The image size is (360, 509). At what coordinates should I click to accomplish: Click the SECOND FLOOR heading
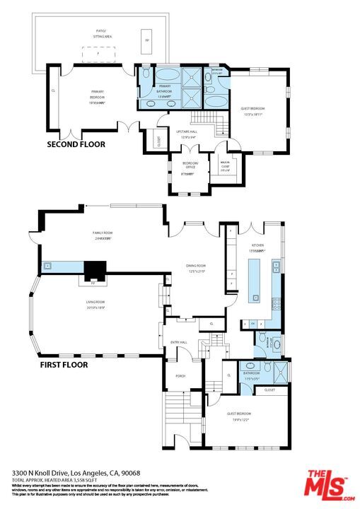point(76,144)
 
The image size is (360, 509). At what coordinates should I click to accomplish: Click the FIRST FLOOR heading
point(63,365)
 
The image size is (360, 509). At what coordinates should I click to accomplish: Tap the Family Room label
point(103,235)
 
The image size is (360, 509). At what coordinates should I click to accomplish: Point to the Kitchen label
point(256,247)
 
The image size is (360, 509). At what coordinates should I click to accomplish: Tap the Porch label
point(180,376)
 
